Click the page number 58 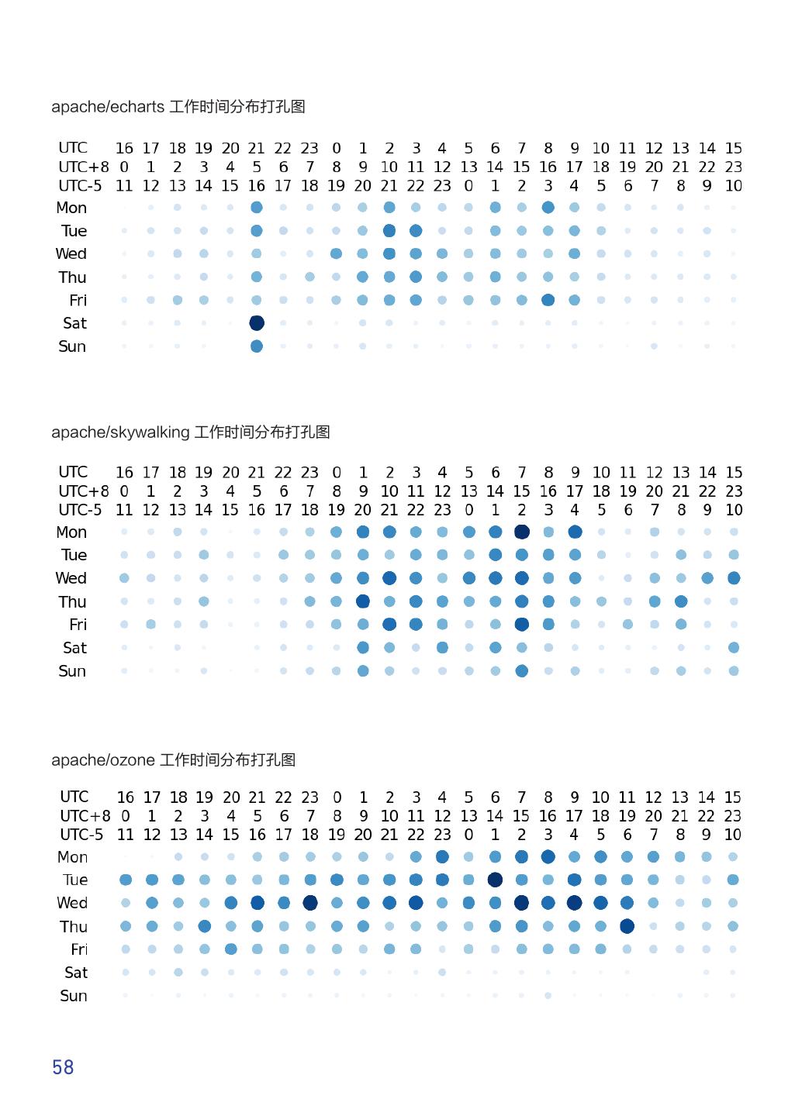pyautogui.click(x=63, y=1067)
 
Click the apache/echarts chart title pyautogui.click(x=178, y=107)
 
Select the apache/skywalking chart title pyautogui.click(x=190, y=432)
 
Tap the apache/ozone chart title pyautogui.click(x=173, y=760)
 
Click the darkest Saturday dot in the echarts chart pyautogui.click(x=257, y=323)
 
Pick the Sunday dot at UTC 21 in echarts pyautogui.click(x=257, y=346)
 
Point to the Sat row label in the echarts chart pyautogui.click(x=74, y=323)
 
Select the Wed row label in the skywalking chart pyautogui.click(x=71, y=578)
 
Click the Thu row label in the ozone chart pyautogui.click(x=74, y=926)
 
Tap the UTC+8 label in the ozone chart pyautogui.click(x=85, y=816)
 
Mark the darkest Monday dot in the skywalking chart pyautogui.click(x=522, y=532)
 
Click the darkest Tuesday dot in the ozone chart pyautogui.click(x=495, y=880)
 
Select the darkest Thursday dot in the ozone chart pyautogui.click(x=627, y=926)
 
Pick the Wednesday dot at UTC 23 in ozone pyautogui.click(x=310, y=903)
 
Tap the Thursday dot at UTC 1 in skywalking pyautogui.click(x=363, y=601)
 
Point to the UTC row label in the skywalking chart pyautogui.click(x=73, y=472)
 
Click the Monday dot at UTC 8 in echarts pyautogui.click(x=548, y=208)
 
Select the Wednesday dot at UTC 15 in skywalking pyautogui.click(x=734, y=578)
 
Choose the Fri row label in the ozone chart pyautogui.click(x=79, y=949)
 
